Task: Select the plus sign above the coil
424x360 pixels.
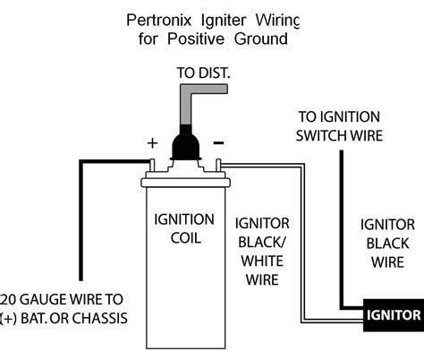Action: [x=153, y=141]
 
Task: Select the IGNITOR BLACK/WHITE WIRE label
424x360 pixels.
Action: [x=262, y=250]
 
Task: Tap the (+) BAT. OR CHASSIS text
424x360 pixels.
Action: [x=64, y=319]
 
